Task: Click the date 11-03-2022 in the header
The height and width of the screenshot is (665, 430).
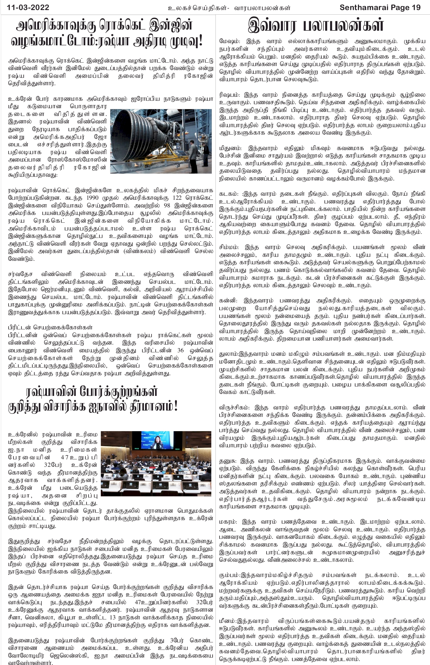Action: click(28, 7)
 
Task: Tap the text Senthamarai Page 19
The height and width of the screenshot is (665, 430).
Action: click(380, 7)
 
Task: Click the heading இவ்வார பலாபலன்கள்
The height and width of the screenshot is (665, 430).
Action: click(316, 25)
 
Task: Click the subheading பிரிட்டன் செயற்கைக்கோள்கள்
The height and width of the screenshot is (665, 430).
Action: click(50, 327)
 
